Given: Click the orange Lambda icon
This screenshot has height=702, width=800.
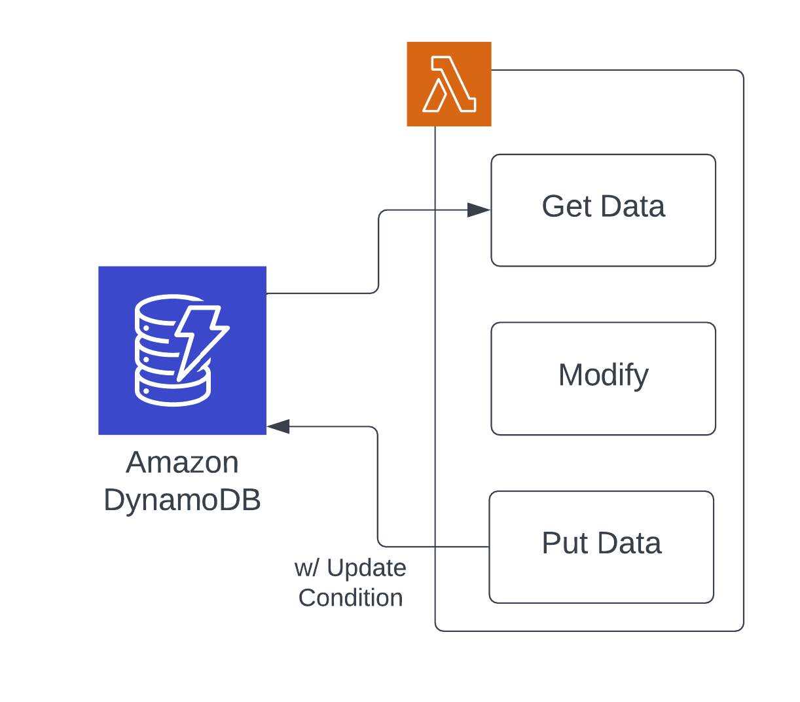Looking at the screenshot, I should (449, 84).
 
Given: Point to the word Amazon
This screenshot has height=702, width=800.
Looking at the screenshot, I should (182, 462).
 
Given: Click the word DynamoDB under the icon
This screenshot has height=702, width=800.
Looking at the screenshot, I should (182, 500).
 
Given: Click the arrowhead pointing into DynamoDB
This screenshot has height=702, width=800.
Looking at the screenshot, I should (278, 426).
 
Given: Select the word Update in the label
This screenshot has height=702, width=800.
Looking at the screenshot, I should (366, 568).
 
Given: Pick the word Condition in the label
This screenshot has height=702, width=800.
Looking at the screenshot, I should (350, 598).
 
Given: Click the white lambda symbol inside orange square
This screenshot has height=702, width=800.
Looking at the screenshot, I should (449, 84).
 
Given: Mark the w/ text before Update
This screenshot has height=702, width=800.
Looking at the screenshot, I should (306, 568).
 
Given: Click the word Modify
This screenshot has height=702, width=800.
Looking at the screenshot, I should (603, 375).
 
